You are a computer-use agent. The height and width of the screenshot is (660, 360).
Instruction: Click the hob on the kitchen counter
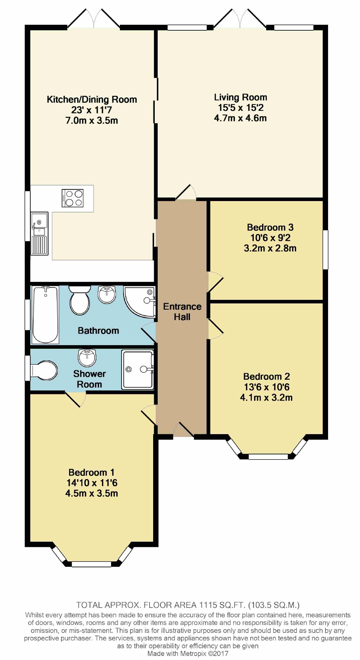72,198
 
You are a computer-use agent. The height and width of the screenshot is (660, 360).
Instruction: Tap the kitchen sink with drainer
39,233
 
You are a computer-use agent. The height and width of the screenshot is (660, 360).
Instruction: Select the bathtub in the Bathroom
46,315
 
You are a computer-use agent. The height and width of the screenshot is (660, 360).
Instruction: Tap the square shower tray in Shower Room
137,369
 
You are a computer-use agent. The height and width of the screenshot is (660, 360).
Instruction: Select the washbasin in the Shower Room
87,358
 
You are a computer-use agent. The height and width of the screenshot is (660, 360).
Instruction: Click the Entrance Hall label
182,312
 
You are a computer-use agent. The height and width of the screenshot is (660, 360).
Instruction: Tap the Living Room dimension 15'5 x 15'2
240,108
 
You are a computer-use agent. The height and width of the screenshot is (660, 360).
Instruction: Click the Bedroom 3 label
270,227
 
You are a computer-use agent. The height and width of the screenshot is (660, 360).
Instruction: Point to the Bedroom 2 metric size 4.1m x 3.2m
266,398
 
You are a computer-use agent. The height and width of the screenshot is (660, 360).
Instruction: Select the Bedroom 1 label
91,472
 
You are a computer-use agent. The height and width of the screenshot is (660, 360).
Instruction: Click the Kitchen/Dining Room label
92,99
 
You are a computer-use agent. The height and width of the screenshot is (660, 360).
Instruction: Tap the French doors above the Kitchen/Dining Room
94,19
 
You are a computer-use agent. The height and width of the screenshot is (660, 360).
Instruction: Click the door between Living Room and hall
186,193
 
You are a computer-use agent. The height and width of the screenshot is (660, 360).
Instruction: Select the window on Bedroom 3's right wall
325,250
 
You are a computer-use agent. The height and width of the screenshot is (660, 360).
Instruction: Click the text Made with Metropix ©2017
188,653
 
